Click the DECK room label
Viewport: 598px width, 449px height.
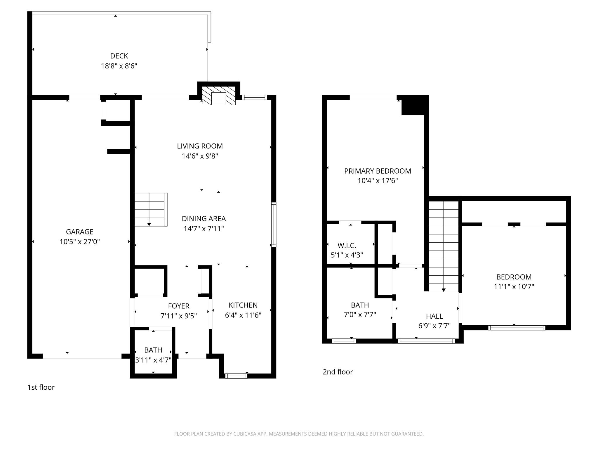(119, 56)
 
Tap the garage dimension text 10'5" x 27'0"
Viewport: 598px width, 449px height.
(80, 242)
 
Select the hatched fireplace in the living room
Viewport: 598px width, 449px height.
(219, 96)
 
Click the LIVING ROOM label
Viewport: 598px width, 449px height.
(200, 146)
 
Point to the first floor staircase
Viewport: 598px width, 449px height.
(151, 209)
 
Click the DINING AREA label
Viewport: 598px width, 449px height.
(204, 219)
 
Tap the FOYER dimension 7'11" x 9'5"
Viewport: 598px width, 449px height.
(178, 316)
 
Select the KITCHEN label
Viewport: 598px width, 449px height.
(243, 305)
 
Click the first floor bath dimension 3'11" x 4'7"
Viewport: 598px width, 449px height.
(153, 360)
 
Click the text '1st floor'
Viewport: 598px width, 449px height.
(41, 387)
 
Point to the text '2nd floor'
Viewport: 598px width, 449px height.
(338, 372)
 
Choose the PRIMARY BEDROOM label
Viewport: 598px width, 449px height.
(378, 171)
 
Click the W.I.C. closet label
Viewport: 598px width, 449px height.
(347, 246)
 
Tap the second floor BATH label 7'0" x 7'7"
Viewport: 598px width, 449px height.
(360, 305)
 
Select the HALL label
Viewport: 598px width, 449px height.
(434, 316)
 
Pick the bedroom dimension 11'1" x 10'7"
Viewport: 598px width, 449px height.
(514, 287)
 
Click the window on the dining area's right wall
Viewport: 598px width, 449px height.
(274, 224)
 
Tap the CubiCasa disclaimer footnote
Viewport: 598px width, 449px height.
(299, 434)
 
